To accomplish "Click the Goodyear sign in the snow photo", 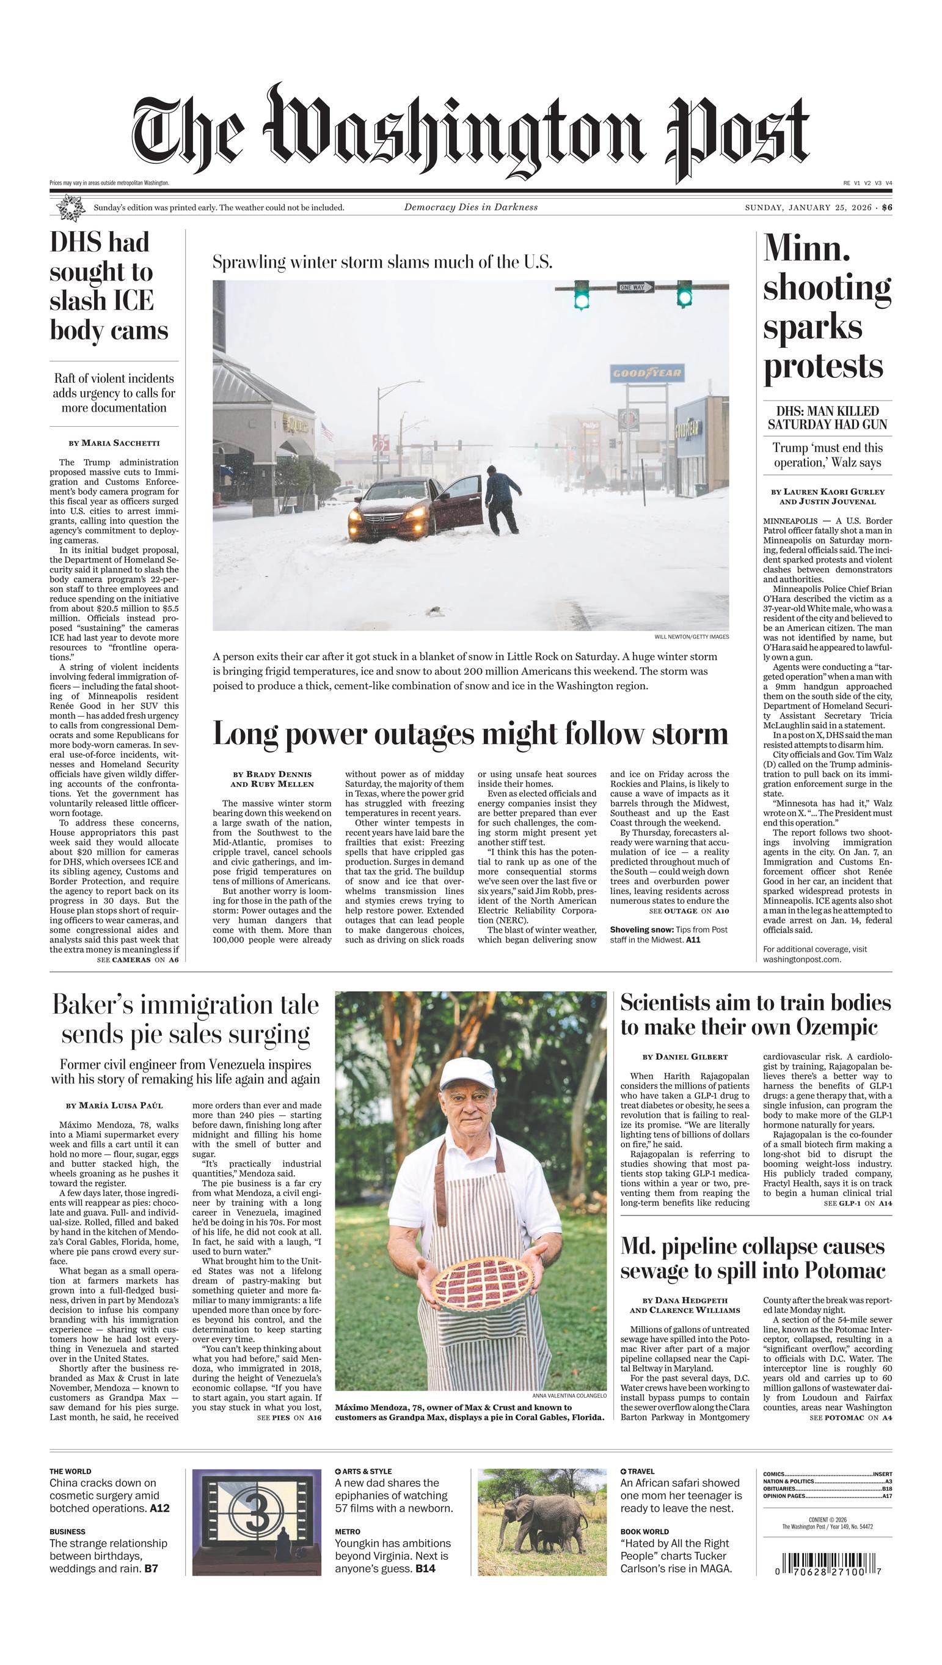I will point(646,373).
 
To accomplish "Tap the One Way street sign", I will point(635,287).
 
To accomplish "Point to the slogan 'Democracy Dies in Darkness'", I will point(470,207).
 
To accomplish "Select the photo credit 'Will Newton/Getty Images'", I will point(691,637).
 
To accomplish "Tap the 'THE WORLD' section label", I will point(70,1471).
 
